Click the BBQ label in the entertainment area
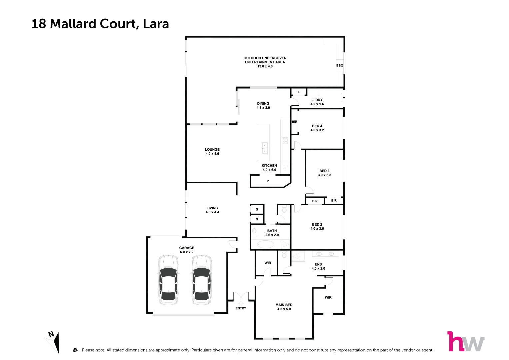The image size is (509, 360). tap(339, 66)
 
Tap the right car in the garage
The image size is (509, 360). tap(201, 280)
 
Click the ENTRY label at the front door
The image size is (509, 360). tap(241, 308)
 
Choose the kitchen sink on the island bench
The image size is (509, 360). tap(264, 148)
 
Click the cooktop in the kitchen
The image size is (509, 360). tap(285, 140)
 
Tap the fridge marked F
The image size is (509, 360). tap(285, 168)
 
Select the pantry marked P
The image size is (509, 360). tap(268, 181)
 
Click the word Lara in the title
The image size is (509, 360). tap(156, 24)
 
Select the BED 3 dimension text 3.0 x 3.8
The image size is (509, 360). tap(324, 175)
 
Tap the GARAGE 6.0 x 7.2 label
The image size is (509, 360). tap(187, 250)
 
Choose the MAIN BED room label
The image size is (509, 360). tap(284, 305)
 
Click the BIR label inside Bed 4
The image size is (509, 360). tap(295, 122)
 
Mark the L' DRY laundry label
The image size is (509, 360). tap(317, 100)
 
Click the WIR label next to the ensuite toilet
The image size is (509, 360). tap(268, 263)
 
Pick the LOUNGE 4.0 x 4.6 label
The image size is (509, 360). tap(212, 152)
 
